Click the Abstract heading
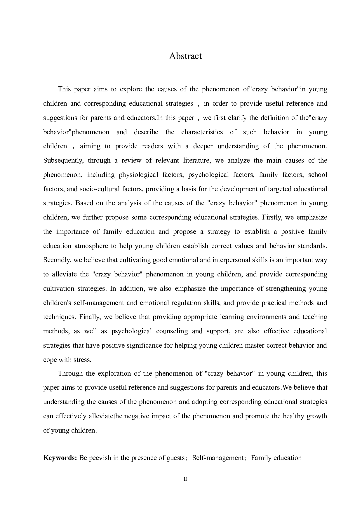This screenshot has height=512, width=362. point(185,56)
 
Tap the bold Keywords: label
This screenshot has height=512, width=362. point(60,457)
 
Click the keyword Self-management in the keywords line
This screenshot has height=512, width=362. point(217,457)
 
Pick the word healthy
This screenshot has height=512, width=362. point(294,416)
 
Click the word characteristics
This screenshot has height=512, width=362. point(202,132)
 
